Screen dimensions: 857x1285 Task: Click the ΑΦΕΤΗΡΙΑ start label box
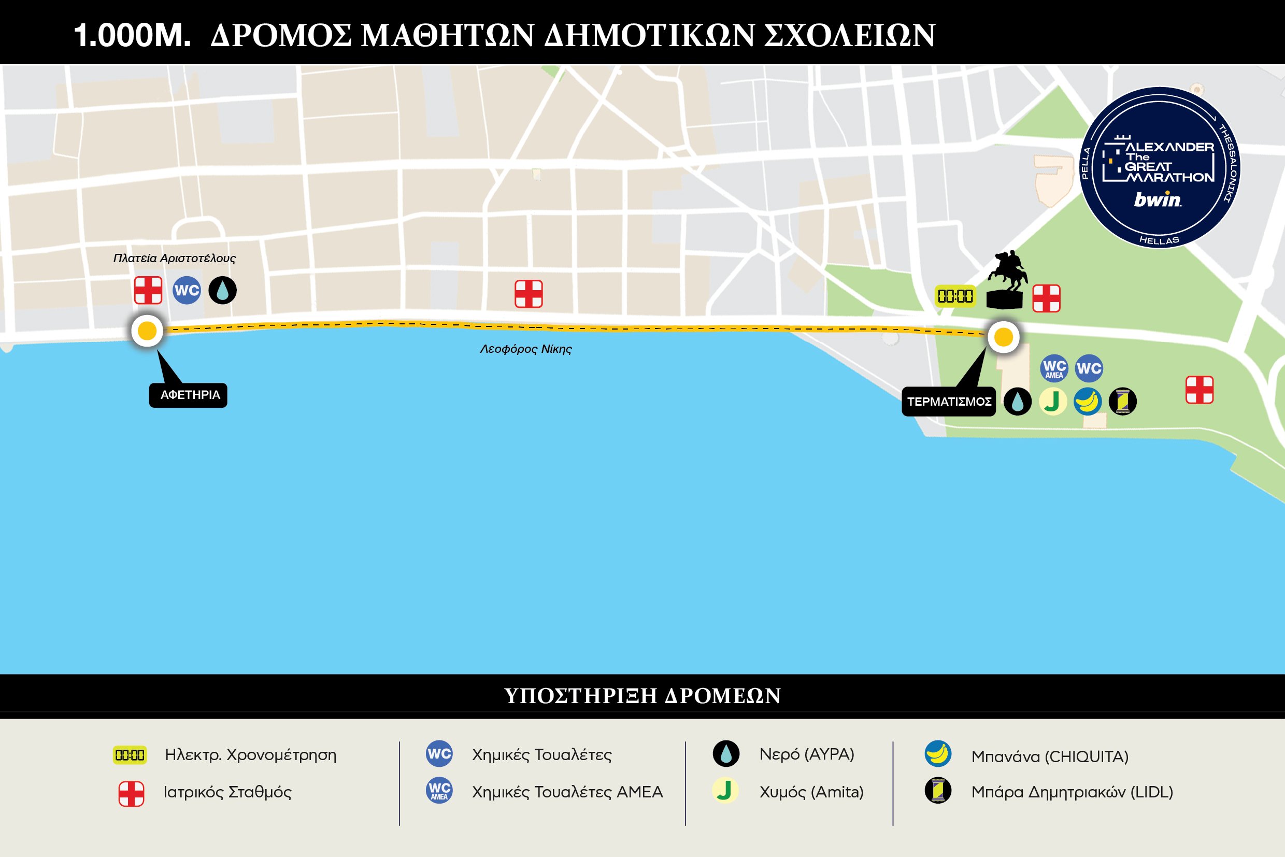189,395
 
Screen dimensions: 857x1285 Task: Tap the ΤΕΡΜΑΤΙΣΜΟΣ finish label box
948,402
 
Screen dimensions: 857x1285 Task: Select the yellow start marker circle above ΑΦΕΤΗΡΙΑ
147,331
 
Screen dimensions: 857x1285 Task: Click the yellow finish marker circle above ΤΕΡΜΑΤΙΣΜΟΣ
1004,337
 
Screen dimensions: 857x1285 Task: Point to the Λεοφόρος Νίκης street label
526,349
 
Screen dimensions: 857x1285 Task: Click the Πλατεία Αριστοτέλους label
175,258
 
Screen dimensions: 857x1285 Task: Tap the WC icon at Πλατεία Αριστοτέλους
187,290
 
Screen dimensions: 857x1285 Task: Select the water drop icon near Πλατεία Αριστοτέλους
222,290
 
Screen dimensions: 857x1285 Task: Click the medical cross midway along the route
529,294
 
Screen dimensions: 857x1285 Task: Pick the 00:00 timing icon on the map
955,296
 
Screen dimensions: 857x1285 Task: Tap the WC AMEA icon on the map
1054,368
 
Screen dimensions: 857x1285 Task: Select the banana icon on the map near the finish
1088,402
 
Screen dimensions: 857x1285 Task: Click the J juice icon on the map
1053,402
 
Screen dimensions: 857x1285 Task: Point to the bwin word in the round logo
1157,199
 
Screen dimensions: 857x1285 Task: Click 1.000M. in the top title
132,36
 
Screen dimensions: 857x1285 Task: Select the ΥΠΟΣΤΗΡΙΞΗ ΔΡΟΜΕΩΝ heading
642,696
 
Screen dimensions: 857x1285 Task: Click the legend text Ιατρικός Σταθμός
227,792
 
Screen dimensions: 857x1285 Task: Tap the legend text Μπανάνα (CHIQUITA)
1049,756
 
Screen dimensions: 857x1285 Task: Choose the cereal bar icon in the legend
938,790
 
